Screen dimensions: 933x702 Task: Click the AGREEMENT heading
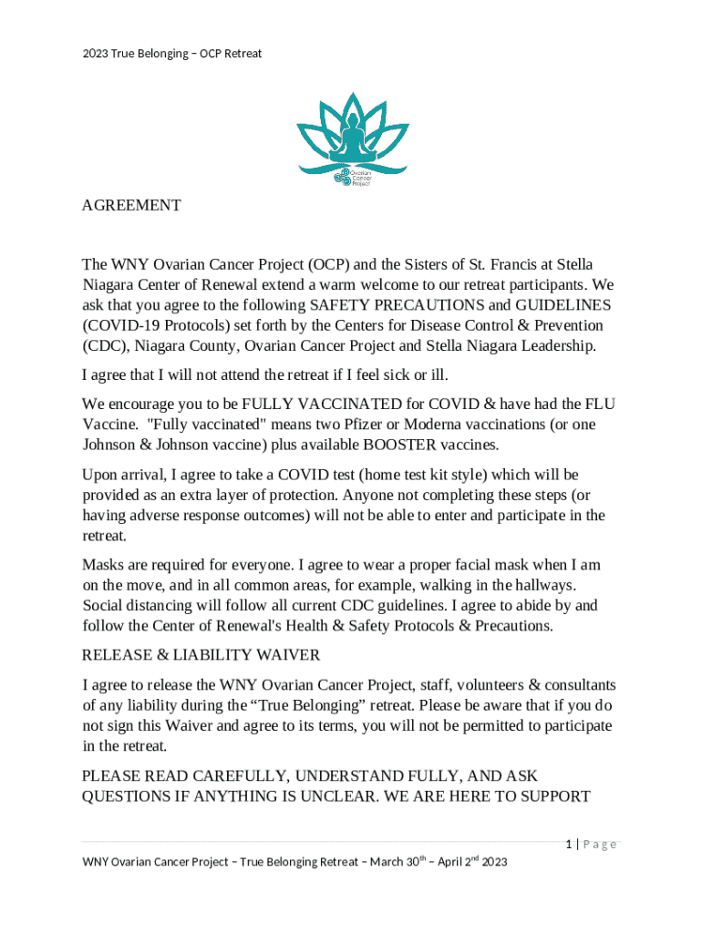[x=131, y=206]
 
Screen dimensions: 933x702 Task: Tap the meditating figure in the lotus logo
[x=351, y=137]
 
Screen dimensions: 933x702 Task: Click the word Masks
[x=104, y=565]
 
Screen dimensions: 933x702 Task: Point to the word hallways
[x=547, y=585]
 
